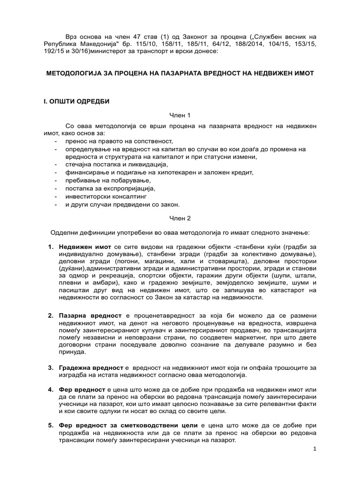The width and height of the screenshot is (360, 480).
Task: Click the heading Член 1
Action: pyautogui.click(x=180, y=115)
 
